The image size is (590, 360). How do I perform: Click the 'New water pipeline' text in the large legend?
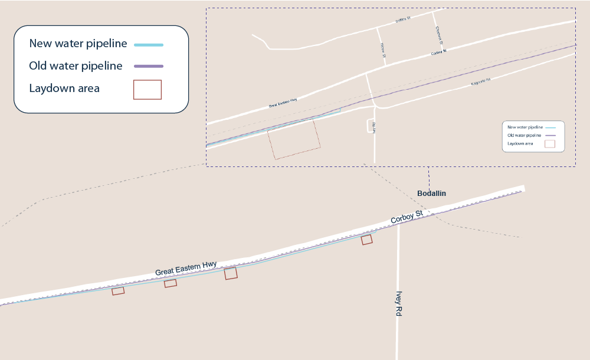pos(78,44)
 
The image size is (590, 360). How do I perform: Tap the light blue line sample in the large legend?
pos(149,45)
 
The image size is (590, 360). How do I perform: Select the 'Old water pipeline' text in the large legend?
pos(76,66)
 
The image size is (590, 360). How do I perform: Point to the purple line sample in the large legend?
pos(149,66)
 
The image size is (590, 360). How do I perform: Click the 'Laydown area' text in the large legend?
pos(64,89)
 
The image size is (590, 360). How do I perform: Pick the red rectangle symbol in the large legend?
pos(147,89)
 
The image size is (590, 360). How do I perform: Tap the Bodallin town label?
pos(431,194)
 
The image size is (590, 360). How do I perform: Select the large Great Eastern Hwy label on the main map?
pos(186,268)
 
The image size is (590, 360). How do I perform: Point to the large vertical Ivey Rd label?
pos(399,303)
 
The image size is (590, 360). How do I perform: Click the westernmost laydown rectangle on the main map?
pos(118,290)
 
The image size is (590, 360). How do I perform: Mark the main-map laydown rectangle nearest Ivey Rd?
pos(367,239)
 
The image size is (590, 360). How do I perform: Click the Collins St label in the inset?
pos(402,20)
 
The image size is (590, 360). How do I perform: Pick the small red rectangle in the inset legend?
pos(549,143)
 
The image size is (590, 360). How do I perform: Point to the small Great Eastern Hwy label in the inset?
pos(283,104)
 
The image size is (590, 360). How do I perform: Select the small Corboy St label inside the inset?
pos(439,53)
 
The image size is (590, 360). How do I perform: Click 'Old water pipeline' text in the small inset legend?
pos(525,135)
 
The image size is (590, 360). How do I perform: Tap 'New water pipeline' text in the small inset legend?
pos(525,127)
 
